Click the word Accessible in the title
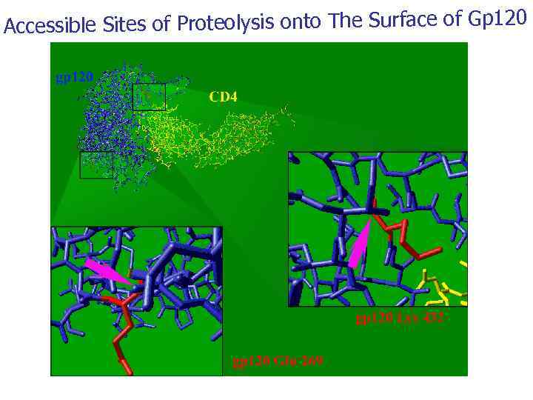(x=50, y=26)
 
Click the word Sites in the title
(x=124, y=26)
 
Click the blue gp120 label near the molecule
(x=75, y=76)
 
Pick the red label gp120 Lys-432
(x=400, y=319)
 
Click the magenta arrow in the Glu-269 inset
(x=107, y=271)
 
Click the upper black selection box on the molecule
(x=149, y=97)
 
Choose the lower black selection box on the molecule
(x=96, y=164)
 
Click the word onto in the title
(x=302, y=23)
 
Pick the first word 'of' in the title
(x=161, y=26)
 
